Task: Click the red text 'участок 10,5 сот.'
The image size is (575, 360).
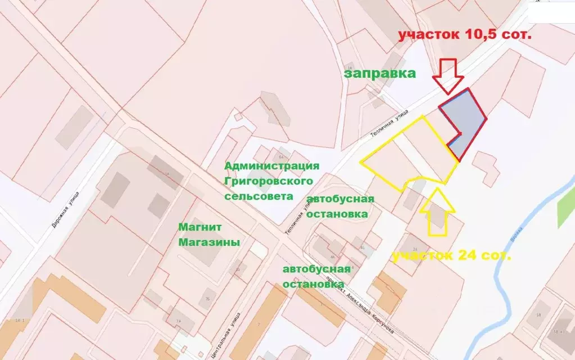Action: point(464,34)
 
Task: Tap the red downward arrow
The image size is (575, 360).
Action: point(448,75)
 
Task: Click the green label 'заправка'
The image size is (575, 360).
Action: point(379,73)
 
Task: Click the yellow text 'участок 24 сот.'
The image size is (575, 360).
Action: point(451,256)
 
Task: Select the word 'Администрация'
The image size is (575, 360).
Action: point(272,166)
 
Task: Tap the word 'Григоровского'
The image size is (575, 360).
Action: point(268,181)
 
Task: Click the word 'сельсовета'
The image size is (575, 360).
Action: point(259,196)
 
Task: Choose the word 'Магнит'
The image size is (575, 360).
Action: point(200,227)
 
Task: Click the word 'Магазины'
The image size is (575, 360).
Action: point(209,242)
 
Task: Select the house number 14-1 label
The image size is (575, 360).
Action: point(21,320)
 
